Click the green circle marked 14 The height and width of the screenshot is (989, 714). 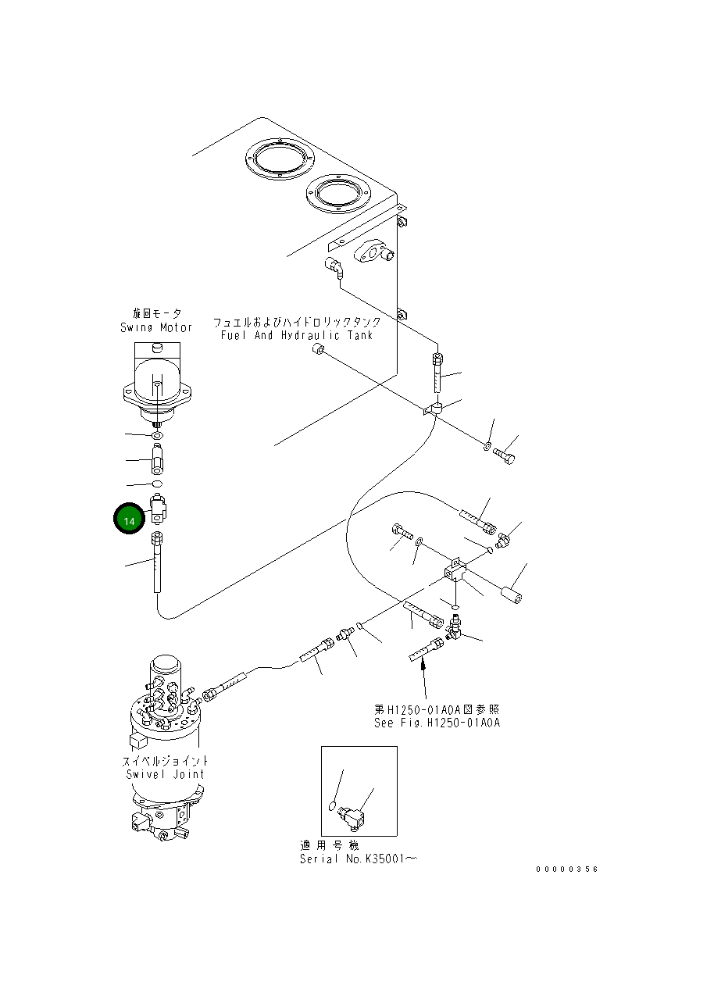tap(130, 520)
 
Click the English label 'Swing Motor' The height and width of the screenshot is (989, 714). tap(156, 327)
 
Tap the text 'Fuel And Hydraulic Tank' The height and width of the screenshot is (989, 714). tap(296, 335)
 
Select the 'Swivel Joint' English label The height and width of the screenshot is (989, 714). tap(165, 774)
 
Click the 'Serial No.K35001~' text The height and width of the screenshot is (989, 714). tap(358, 859)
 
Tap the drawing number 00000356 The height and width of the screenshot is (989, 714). tap(566, 869)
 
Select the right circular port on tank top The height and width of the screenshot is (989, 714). tap(337, 194)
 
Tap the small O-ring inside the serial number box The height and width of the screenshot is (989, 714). tap(333, 805)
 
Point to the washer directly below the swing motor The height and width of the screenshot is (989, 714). tap(157, 434)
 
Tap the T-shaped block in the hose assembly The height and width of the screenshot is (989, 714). tap(455, 572)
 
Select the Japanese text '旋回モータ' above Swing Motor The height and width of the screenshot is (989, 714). tap(157, 313)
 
